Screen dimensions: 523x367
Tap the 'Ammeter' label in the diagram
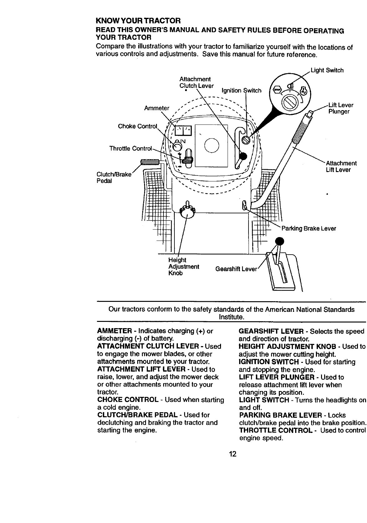point(156,108)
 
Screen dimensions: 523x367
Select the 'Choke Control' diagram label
point(137,126)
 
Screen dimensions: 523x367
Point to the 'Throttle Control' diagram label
point(130,148)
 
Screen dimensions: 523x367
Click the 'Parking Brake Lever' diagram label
point(309,228)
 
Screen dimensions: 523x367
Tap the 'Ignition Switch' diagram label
point(241,91)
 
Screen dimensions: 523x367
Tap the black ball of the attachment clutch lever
point(243,156)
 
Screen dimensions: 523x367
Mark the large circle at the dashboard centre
point(212,146)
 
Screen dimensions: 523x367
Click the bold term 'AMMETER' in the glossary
point(115,331)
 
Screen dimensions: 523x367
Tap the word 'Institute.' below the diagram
point(231,317)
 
